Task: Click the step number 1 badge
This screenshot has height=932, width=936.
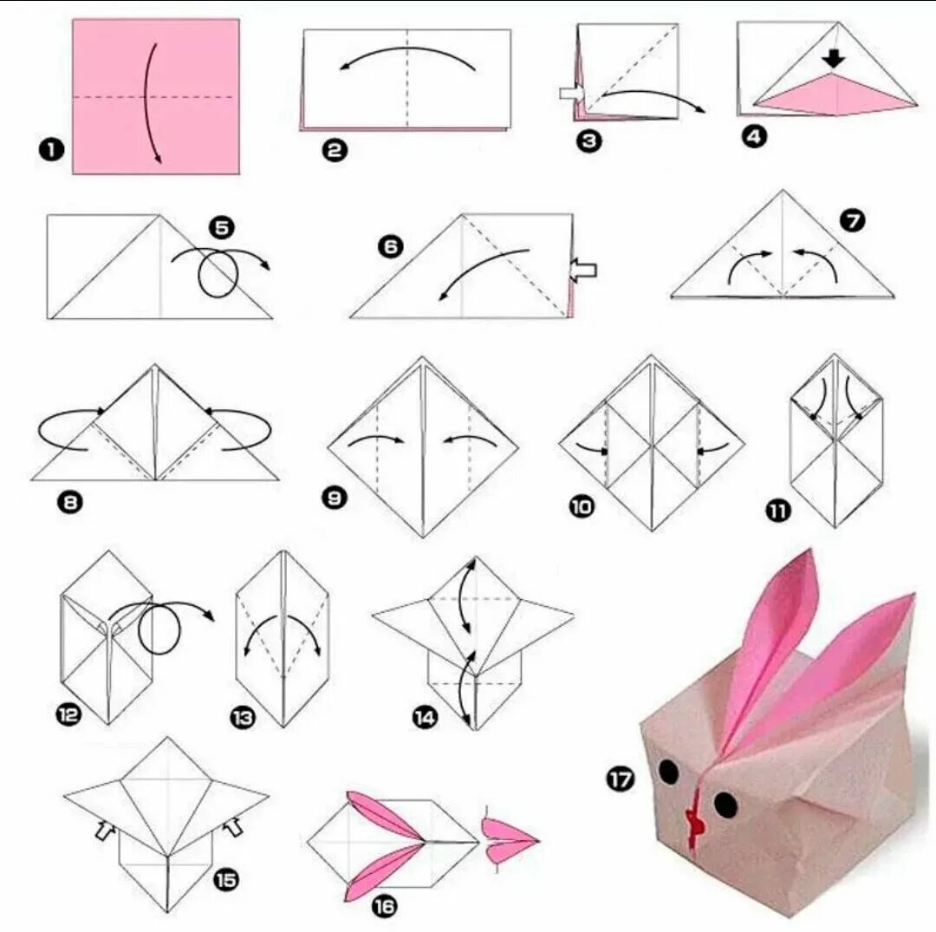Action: point(51,149)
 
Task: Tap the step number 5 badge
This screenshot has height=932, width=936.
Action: point(222,227)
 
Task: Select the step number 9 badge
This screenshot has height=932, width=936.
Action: point(335,498)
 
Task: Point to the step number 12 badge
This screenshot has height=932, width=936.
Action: point(68,714)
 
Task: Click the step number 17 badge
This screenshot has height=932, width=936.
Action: point(621,779)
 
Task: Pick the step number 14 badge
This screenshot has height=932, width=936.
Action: point(425,717)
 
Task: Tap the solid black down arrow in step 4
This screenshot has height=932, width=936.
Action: point(834,58)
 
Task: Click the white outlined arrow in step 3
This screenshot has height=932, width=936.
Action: point(572,94)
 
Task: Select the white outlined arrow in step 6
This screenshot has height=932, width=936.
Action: point(583,270)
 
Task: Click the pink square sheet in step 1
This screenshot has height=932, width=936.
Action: point(156,96)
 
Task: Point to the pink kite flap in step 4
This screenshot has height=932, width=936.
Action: point(835,94)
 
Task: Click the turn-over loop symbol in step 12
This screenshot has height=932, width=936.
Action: point(159,627)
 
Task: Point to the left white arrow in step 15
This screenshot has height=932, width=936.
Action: point(106,830)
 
